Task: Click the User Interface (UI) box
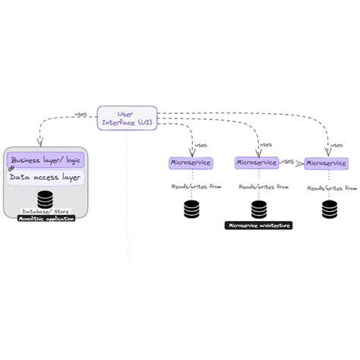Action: (128, 117)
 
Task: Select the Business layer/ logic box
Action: (46, 160)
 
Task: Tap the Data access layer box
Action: (46, 178)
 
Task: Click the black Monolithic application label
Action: (46, 219)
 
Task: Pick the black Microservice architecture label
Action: (259, 225)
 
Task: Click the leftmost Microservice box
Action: (191, 163)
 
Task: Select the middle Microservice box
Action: (257, 162)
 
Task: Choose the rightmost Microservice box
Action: (326, 163)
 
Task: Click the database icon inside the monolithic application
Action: (46, 199)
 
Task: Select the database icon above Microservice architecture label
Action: (259, 208)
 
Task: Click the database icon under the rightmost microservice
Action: (329, 208)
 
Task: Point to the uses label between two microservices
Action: (288, 161)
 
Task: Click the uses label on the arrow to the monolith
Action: (81, 115)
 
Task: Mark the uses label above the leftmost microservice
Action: (201, 144)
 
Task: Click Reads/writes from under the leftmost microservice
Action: (195, 185)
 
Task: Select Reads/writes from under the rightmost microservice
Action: (331, 185)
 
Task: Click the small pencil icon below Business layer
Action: (11, 169)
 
